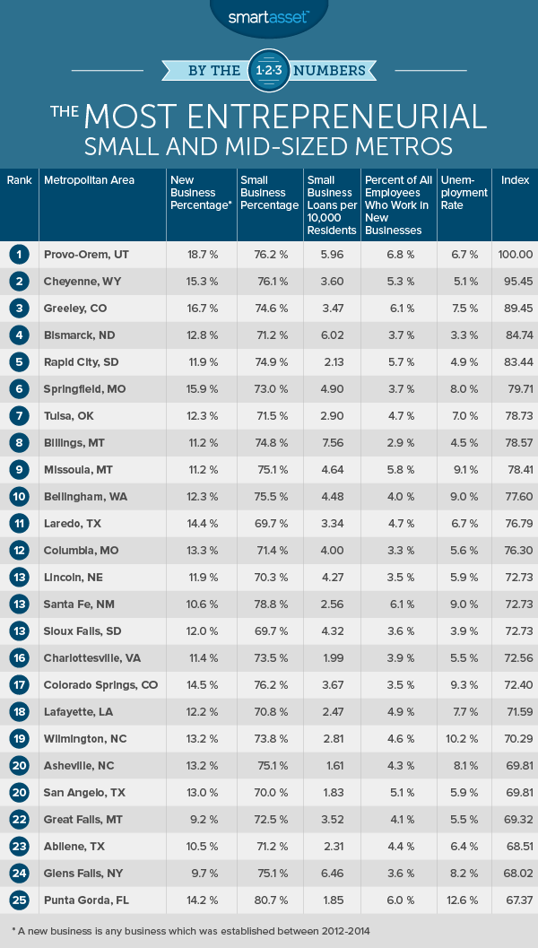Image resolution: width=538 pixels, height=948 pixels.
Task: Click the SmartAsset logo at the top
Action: coord(268,15)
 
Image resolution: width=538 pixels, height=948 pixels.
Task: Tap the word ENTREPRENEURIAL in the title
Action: coord(341,115)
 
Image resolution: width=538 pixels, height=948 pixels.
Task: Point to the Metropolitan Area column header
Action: coord(89,180)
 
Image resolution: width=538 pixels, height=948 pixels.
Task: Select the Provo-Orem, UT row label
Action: coord(85,255)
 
